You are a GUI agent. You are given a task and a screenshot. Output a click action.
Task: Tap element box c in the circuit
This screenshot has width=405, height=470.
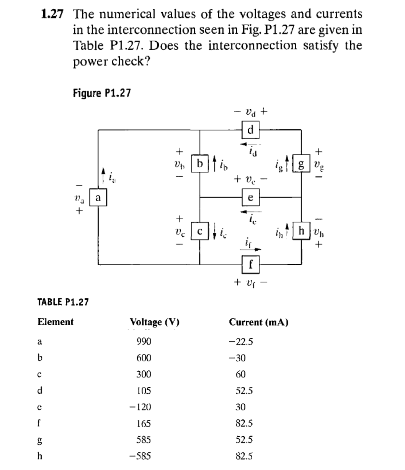pyautogui.click(x=199, y=232)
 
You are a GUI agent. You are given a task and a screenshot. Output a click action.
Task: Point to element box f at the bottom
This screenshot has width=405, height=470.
pyautogui.click(x=251, y=264)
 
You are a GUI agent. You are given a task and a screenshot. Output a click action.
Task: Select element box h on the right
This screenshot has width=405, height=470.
pyautogui.click(x=301, y=231)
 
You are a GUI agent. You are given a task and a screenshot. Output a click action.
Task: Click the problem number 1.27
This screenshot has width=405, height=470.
pyautogui.click(x=52, y=15)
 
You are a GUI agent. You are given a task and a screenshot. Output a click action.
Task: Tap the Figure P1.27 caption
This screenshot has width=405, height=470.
pyautogui.click(x=101, y=93)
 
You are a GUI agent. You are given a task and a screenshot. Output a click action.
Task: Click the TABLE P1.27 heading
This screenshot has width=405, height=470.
pyautogui.click(x=63, y=302)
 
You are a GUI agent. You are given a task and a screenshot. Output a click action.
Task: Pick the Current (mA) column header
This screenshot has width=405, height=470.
pyautogui.click(x=258, y=322)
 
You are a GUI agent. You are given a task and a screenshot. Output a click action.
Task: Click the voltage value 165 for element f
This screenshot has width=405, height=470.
pyautogui.click(x=144, y=424)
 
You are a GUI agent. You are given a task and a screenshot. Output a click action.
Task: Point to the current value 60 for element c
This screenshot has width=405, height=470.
pyautogui.click(x=240, y=374)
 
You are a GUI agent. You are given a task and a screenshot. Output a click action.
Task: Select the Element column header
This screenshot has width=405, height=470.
pyautogui.click(x=56, y=321)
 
